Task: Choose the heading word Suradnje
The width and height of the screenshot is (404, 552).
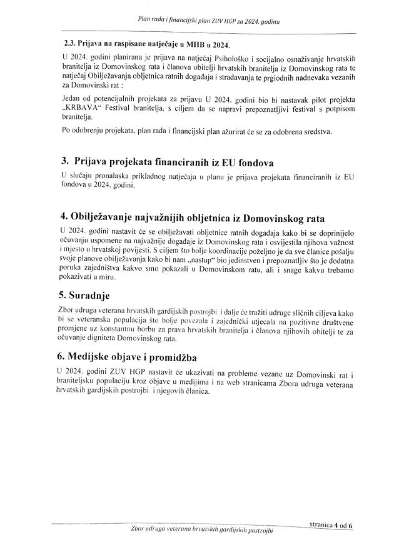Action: [95, 294]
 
